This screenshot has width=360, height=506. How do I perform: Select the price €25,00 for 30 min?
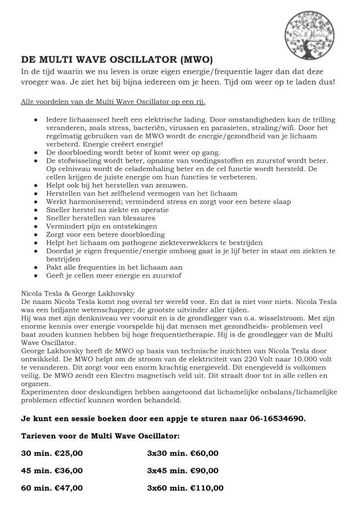coord(65,453)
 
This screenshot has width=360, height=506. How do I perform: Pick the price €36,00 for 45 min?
coord(65,470)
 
